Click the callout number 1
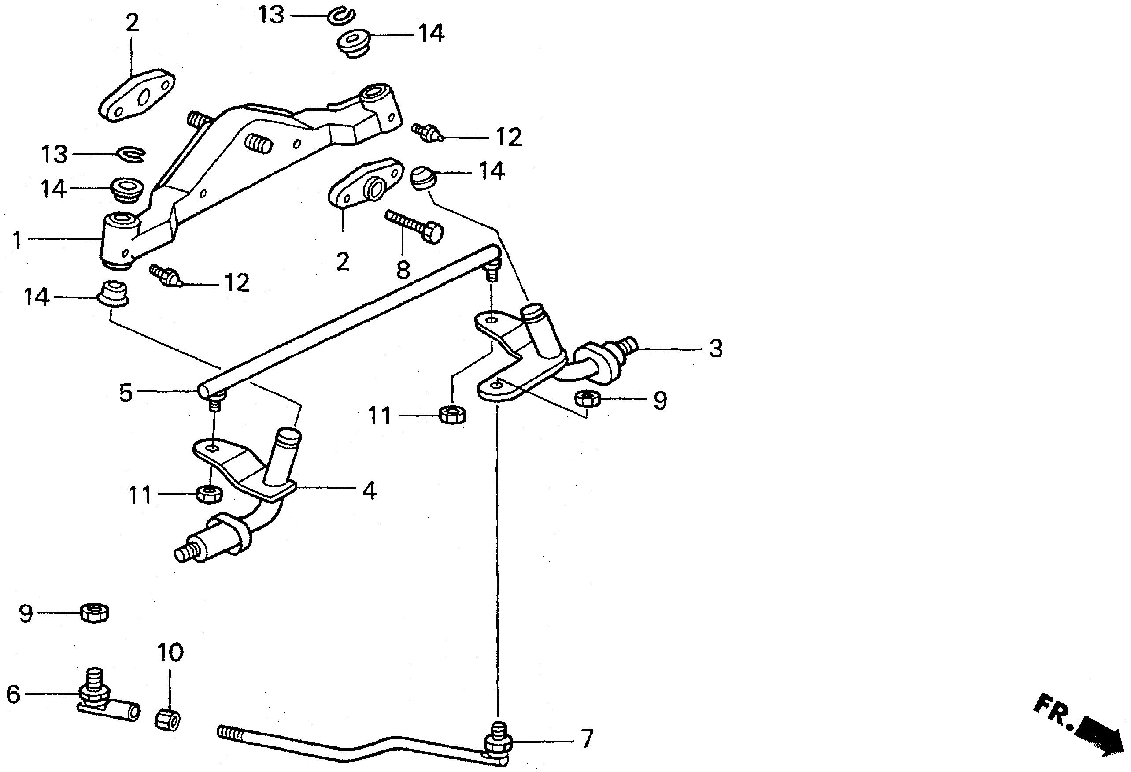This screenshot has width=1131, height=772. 17,240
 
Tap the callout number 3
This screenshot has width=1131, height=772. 715,349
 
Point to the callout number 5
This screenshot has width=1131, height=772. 126,393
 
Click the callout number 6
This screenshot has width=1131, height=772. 13,694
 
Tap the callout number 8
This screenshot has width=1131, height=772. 403,270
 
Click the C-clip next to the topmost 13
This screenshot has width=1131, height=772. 340,15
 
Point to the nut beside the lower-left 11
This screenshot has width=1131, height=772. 210,494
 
